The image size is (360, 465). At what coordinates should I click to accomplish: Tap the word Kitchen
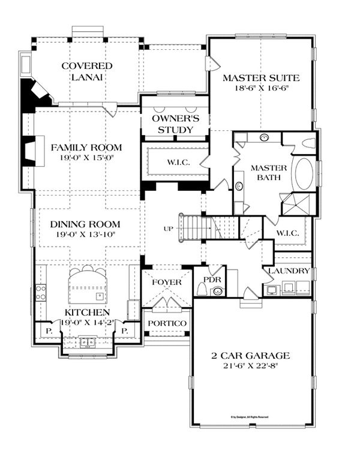pyautogui.click(x=88, y=313)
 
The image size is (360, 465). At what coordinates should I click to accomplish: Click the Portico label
pyautogui.click(x=167, y=323)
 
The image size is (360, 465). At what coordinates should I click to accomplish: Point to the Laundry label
pyautogui.click(x=289, y=271)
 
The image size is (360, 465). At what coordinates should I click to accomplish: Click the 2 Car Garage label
pyautogui.click(x=252, y=355)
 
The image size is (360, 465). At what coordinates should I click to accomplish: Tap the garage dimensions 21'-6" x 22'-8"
pyautogui.click(x=252, y=365)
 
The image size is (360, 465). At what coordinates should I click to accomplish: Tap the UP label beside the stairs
pyautogui.click(x=169, y=229)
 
